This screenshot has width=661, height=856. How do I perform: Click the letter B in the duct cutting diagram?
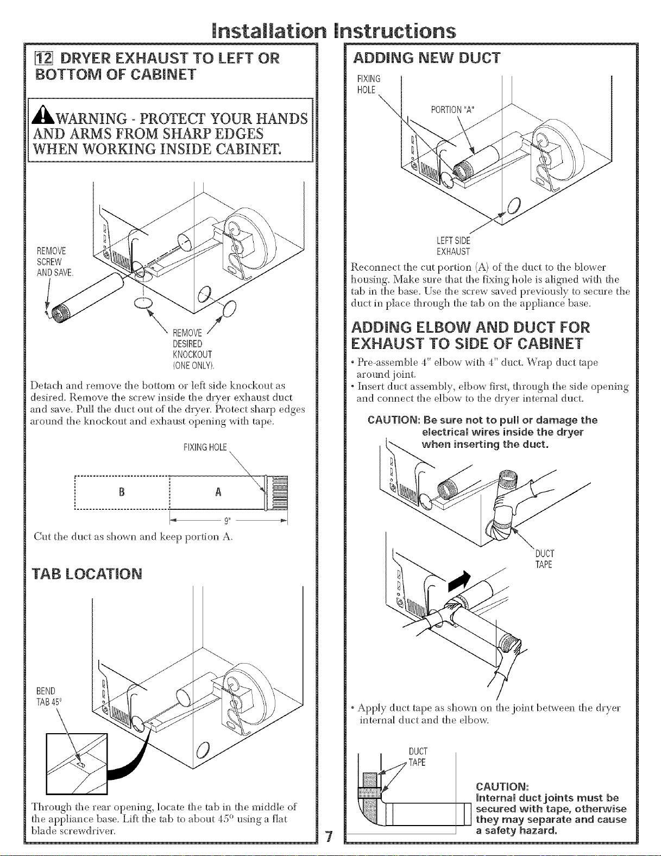[x=122, y=492]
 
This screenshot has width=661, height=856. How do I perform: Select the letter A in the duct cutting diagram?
[x=218, y=492]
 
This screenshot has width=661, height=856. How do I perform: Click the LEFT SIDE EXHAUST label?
[x=454, y=246]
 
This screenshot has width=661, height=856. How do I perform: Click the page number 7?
[x=329, y=835]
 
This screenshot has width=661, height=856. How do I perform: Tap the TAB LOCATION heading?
[x=87, y=574]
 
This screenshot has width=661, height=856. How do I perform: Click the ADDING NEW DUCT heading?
[x=426, y=58]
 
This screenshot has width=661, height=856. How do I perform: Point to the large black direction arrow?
[x=459, y=582]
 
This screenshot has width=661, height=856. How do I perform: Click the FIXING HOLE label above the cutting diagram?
[x=205, y=447]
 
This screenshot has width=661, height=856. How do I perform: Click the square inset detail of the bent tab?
[x=77, y=764]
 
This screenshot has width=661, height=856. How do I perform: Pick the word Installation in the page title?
[x=269, y=31]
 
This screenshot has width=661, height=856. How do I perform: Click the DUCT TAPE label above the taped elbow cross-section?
[x=418, y=757]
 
